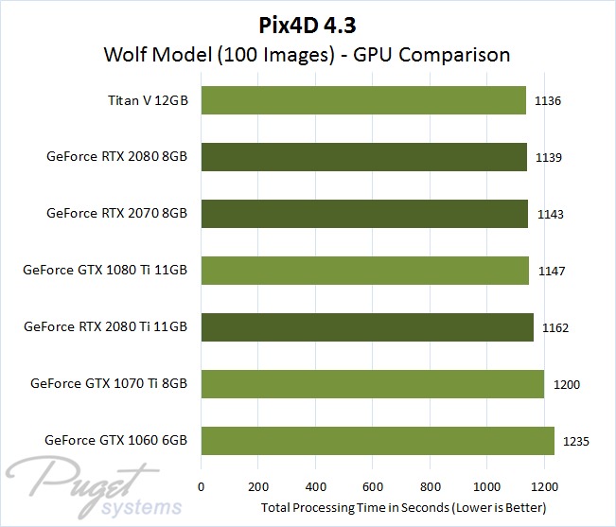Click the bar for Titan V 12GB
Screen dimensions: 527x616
click(363, 100)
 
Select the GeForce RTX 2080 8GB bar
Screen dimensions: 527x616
click(364, 157)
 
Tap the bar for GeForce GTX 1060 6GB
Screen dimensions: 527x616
click(378, 441)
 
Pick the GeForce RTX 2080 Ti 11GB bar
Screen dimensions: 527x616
click(367, 327)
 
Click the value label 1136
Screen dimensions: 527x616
click(548, 100)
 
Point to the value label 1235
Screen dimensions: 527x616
click(576, 441)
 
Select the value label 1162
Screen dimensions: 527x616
click(555, 328)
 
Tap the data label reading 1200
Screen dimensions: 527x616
click(566, 385)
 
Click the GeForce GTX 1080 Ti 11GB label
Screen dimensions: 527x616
click(105, 271)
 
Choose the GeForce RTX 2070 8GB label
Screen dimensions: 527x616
click(116, 214)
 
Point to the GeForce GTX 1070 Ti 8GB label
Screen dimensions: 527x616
click(109, 384)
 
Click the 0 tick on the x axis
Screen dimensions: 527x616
click(202, 488)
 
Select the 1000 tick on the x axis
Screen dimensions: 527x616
click(486, 488)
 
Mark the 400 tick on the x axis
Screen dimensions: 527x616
click(315, 488)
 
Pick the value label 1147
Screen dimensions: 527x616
click(551, 272)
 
